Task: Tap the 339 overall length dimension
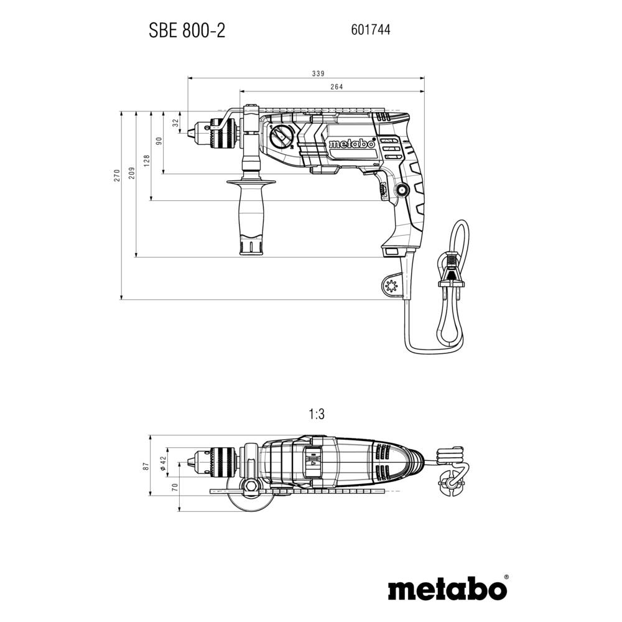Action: [300, 73]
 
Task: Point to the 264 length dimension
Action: [336, 87]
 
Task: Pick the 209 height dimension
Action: [131, 174]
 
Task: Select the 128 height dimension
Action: [146, 159]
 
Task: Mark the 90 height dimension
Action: [159, 141]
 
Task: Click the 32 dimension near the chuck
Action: [175, 123]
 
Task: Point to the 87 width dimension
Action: [146, 466]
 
